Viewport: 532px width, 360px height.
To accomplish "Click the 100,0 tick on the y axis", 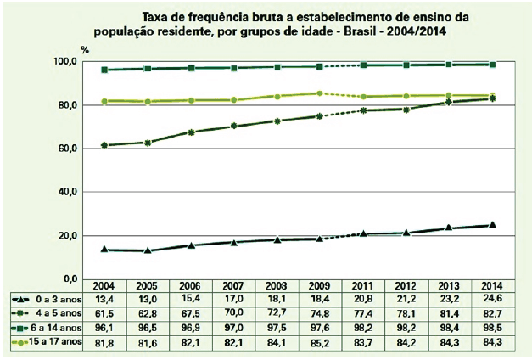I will tap(65, 62).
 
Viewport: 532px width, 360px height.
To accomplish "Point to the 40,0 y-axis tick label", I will tap(67, 192).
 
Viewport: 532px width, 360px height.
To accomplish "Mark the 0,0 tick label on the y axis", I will tap(70, 278).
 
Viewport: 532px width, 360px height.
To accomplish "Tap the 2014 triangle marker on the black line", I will tap(491, 225).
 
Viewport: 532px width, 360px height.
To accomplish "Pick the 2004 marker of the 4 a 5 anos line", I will tap(104, 145).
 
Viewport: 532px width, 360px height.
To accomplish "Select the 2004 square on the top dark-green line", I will tap(104, 70).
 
